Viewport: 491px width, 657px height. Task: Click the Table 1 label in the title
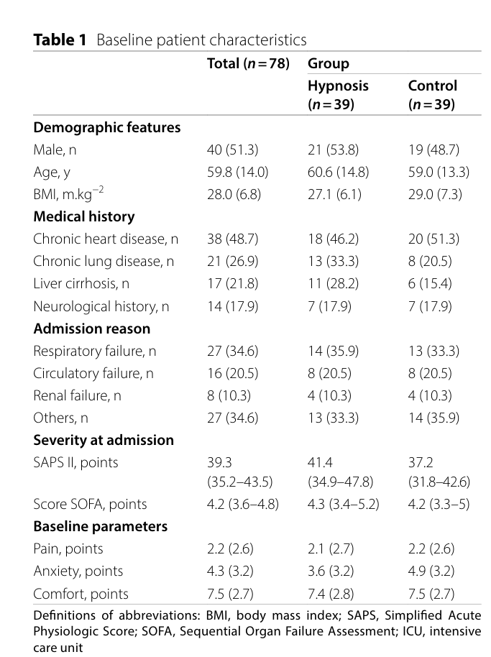[60, 40]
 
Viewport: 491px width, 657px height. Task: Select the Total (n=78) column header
[248, 63]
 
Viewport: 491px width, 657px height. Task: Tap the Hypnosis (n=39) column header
[338, 95]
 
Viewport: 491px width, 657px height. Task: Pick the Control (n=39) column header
[432, 95]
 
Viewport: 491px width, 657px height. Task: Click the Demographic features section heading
[107, 127]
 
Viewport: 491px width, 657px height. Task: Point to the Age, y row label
[52, 173]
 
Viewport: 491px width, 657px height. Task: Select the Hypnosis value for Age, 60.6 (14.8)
[338, 172]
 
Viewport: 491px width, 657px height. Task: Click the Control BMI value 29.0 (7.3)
[435, 194]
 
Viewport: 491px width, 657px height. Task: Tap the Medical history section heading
[84, 216]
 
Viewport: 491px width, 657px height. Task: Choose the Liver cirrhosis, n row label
[81, 284]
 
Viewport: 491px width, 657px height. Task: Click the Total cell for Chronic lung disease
[232, 261]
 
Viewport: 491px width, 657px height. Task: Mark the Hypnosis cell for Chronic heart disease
[333, 239]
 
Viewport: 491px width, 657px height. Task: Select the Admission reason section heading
[92, 328]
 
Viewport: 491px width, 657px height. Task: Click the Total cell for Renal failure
[229, 395]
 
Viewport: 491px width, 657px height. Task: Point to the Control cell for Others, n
[433, 418]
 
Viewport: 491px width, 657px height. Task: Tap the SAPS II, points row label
[75, 463]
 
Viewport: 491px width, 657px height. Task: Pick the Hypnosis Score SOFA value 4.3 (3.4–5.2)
[343, 504]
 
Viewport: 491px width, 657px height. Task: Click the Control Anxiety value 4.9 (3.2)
[431, 571]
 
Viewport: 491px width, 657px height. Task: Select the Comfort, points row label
[81, 594]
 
